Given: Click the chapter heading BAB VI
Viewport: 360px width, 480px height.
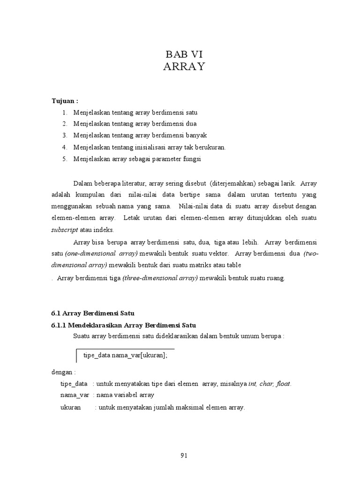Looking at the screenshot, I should tap(184, 53).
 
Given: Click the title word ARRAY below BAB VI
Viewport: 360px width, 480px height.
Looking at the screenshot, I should tap(184, 67).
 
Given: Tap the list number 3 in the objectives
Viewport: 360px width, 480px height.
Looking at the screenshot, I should tap(64, 135).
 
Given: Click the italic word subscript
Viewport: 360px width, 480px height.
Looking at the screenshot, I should tap(64, 230).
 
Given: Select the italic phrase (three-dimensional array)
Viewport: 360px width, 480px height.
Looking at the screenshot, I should tap(161, 278).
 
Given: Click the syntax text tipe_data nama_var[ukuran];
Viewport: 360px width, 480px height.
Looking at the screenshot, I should tap(125, 355).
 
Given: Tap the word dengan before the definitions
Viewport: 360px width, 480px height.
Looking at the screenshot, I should tap(62, 372).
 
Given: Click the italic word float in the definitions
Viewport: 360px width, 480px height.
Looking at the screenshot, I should tap(283, 384).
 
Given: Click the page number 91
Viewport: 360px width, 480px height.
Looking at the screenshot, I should tap(184, 454).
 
